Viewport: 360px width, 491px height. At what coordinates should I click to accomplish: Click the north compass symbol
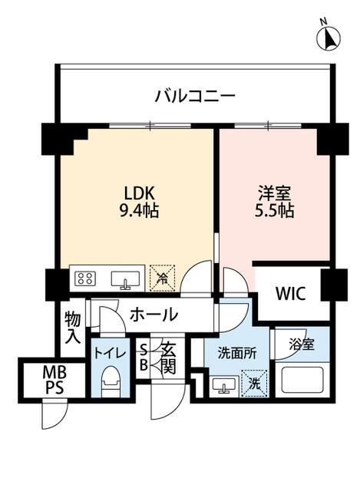(x=330, y=36)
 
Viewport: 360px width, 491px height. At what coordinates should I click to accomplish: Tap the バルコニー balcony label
(x=194, y=97)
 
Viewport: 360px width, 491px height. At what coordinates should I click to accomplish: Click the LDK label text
(x=139, y=193)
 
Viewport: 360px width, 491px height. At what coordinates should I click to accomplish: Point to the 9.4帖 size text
(x=139, y=210)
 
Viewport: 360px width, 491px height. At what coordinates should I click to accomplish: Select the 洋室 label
(x=275, y=193)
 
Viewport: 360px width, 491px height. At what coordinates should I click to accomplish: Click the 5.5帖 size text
(x=275, y=210)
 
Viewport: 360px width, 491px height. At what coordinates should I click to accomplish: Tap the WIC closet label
(x=291, y=295)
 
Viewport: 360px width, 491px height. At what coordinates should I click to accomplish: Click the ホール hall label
(x=154, y=314)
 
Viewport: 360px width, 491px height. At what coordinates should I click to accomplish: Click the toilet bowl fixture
(x=109, y=379)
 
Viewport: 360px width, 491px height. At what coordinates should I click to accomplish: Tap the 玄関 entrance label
(x=168, y=358)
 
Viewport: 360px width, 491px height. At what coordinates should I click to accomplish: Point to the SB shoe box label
(x=143, y=358)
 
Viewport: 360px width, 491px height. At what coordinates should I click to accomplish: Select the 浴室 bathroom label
(x=300, y=344)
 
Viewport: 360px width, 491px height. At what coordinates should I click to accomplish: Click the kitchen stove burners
(x=85, y=278)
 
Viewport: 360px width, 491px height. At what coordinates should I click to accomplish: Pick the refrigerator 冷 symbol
(x=162, y=277)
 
